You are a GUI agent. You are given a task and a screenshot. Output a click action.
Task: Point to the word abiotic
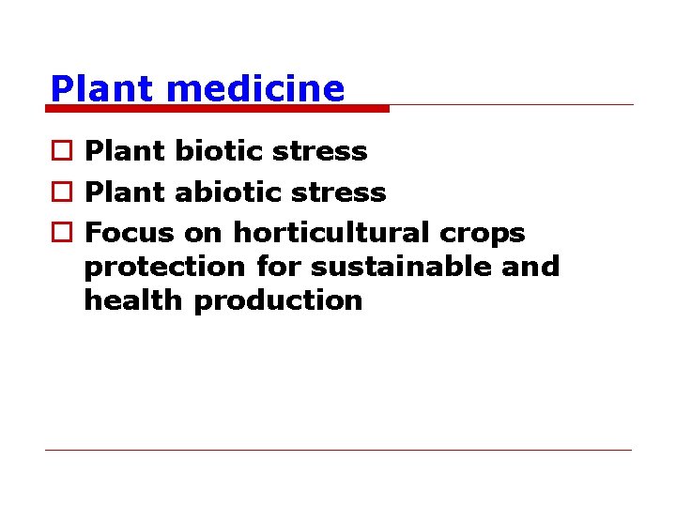point(222,192)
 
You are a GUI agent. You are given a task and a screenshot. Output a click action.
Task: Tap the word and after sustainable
point(530,267)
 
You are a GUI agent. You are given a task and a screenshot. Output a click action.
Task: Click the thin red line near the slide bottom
point(338,450)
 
